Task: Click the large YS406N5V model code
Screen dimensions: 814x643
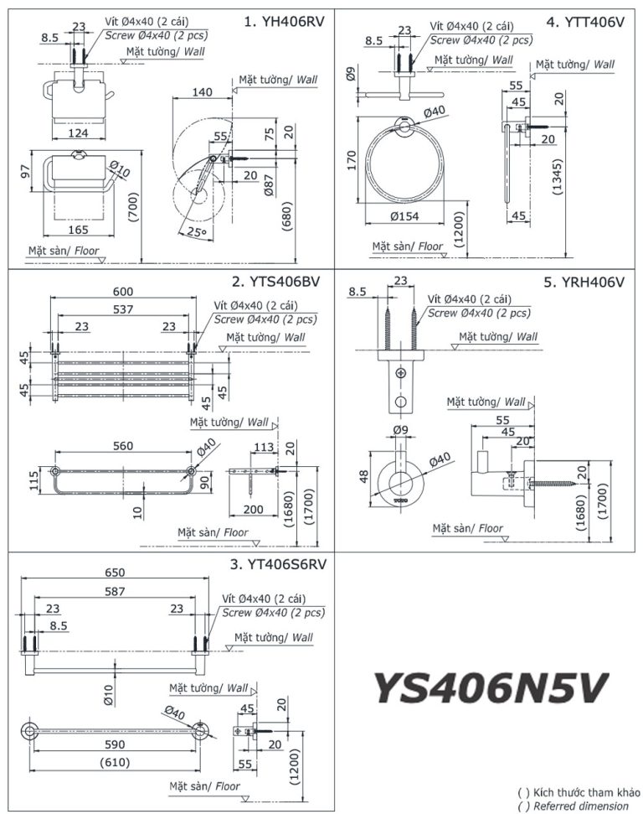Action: [490, 688]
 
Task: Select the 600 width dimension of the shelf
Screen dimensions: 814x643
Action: [124, 290]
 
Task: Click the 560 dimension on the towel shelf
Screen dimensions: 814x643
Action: [122, 446]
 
